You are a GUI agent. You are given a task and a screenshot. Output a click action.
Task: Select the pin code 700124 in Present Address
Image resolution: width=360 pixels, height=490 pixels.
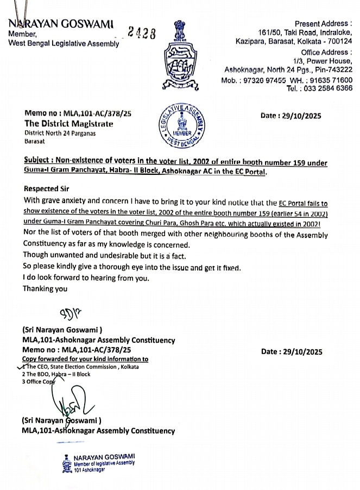(x=337, y=41)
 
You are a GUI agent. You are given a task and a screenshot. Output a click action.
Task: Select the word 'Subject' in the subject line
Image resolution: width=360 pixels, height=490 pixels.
(x=38, y=162)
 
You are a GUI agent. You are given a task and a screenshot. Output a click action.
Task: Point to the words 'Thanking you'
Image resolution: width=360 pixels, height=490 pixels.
(x=45, y=289)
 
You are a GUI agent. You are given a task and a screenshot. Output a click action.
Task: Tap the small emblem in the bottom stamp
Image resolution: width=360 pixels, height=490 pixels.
(x=66, y=462)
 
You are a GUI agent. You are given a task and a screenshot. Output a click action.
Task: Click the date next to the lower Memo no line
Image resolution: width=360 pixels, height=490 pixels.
(x=292, y=351)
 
